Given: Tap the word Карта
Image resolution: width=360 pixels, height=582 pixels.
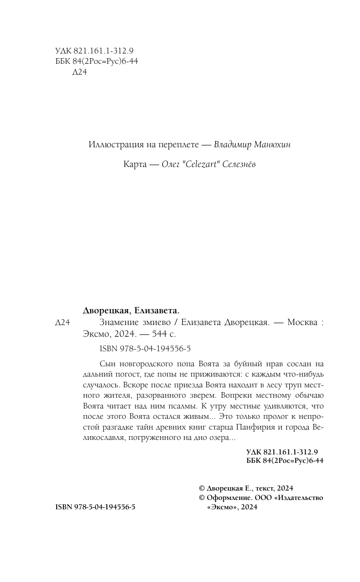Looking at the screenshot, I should click(135, 165).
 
